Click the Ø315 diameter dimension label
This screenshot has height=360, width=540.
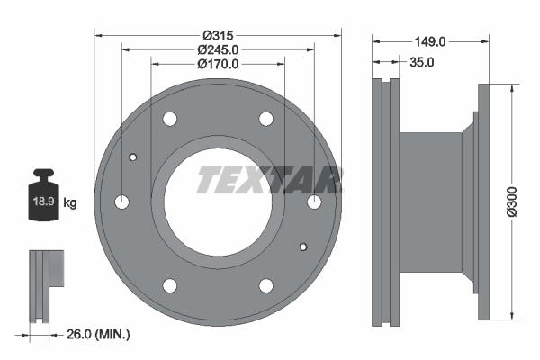218,35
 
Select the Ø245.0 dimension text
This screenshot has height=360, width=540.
218,49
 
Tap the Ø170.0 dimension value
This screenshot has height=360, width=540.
218,64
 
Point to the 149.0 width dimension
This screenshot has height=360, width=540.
431,41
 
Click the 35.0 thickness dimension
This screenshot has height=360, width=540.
422,62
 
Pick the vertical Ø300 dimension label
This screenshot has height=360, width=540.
512,199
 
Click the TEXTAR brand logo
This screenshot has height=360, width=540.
269,180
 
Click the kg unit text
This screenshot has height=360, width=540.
70,203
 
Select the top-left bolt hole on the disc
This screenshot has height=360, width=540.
170,119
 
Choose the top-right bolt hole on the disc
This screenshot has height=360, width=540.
265,119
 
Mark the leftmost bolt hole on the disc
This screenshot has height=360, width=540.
123,202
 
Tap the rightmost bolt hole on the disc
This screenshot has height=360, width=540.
313,202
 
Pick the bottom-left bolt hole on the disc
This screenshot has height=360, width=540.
170,284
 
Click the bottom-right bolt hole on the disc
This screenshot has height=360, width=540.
265,284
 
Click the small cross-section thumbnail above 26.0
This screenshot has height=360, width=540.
46,283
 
